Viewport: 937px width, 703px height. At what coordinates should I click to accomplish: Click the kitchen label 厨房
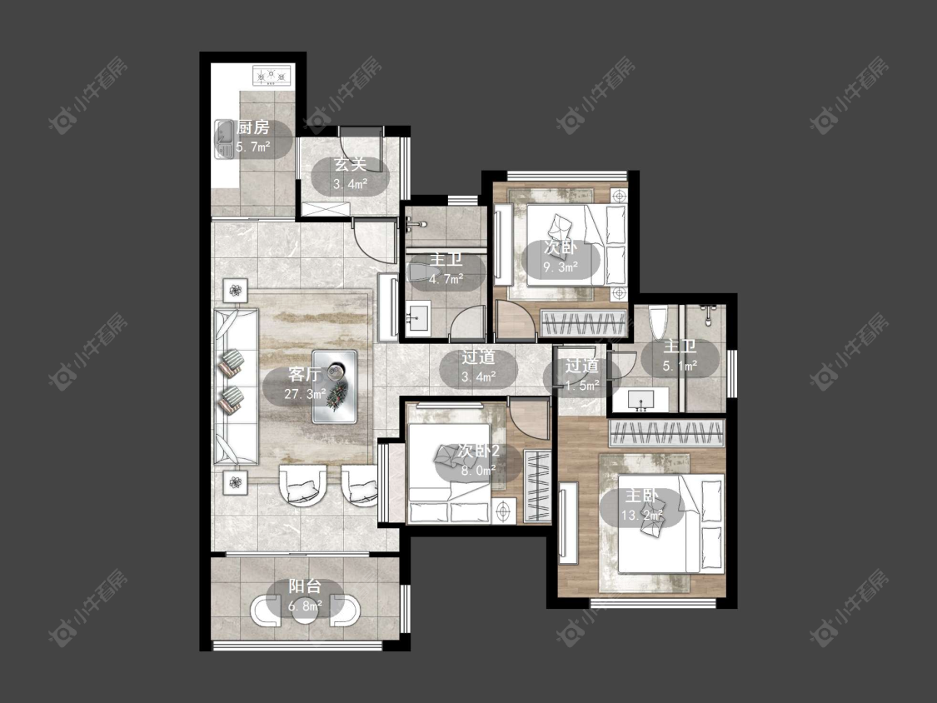(252, 127)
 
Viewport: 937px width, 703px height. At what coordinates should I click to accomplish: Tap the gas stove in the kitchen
(272, 76)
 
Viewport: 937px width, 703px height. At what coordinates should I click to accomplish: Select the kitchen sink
(224, 139)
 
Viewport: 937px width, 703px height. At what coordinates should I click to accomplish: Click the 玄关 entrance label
(350, 164)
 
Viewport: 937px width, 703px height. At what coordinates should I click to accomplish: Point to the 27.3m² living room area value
(305, 394)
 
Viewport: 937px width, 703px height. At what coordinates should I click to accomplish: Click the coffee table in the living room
(335, 386)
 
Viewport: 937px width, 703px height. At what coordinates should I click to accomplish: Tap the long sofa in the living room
(236, 386)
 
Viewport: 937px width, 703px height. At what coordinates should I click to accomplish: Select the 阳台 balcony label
(305, 586)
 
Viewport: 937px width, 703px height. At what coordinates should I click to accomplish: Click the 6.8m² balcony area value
(305, 606)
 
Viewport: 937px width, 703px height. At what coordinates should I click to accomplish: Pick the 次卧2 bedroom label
(478, 451)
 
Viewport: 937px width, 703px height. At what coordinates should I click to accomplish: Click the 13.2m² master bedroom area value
(642, 516)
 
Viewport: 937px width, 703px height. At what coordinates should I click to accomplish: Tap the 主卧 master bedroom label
(642, 496)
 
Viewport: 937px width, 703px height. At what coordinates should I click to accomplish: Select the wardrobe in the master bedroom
(667, 433)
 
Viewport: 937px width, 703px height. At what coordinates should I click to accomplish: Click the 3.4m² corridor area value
(479, 377)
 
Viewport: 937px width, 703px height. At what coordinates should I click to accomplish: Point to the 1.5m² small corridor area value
(582, 386)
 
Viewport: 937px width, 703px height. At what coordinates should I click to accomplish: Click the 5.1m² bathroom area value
(680, 366)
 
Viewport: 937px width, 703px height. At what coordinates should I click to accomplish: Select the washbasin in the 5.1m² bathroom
(641, 399)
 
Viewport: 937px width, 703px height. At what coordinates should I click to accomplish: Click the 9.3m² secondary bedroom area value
(561, 267)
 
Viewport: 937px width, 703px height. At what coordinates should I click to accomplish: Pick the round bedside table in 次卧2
(506, 511)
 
